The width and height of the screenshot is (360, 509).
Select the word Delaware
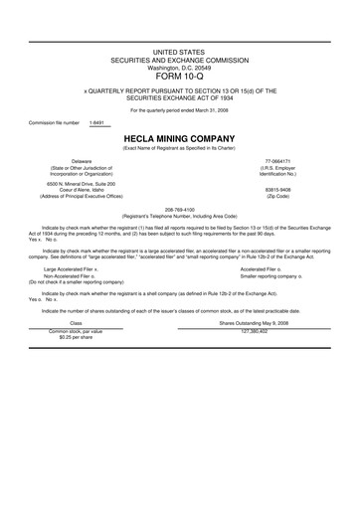pyautogui.click(x=82, y=160)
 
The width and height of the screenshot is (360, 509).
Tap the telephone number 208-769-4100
pyautogui.click(x=179, y=209)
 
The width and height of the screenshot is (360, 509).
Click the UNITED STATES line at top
pyautogui.click(x=179, y=50)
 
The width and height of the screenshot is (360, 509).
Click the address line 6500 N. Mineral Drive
pyautogui.click(x=82, y=183)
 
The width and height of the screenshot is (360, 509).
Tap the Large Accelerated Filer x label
pyautogui.click(x=70, y=267)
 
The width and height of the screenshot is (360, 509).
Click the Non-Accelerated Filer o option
pyautogui.click(x=69, y=274)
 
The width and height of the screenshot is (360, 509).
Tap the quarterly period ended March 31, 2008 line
pyautogui.click(x=179, y=109)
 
